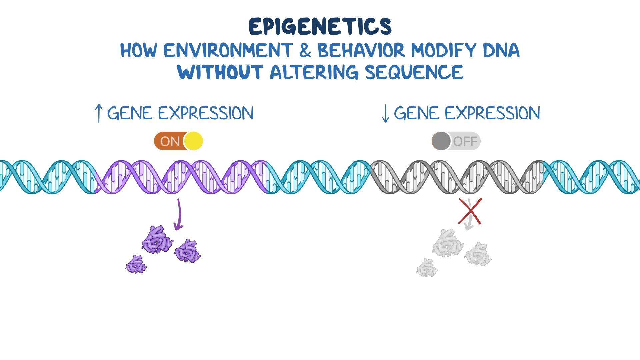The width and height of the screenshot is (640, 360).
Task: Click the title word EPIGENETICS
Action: click(x=320, y=27)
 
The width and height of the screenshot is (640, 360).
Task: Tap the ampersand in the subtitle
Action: click(x=304, y=51)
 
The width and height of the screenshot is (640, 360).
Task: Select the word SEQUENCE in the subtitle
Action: click(x=414, y=72)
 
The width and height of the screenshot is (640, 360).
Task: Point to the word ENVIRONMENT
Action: click(x=227, y=51)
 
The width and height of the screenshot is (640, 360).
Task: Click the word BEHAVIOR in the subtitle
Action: click(x=361, y=51)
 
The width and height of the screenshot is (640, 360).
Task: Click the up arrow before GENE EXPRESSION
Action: click(x=98, y=113)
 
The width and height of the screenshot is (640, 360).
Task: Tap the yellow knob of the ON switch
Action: click(x=193, y=141)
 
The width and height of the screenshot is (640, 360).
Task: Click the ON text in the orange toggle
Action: click(x=170, y=141)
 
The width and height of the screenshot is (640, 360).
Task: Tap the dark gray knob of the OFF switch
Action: click(x=441, y=141)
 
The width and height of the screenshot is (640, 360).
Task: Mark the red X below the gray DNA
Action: click(x=470, y=211)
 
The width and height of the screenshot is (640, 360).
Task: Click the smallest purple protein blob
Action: click(x=136, y=265)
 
